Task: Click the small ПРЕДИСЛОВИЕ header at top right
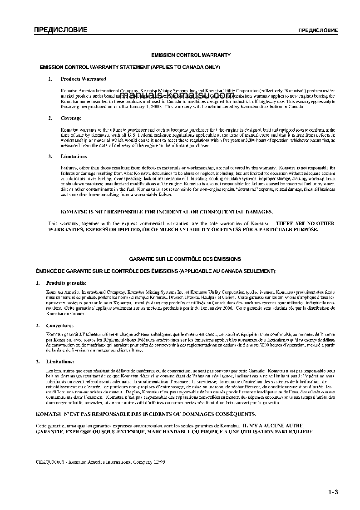pyautogui.click(x=317, y=31)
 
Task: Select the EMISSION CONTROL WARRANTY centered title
pyautogui.click(x=191, y=55)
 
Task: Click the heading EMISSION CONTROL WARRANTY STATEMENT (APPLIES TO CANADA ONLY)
pyautogui.click(x=130, y=67)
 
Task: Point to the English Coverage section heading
pyautogui.click(x=71, y=118)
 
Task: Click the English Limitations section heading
pyautogui.click(x=74, y=156)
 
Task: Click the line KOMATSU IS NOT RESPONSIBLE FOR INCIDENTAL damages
pyautogui.click(x=167, y=212)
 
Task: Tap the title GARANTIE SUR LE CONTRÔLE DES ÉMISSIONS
pyautogui.click(x=185, y=259)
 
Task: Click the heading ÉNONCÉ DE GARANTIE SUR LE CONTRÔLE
pyautogui.click(x=156, y=271)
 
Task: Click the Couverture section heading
pyautogui.click(x=60, y=325)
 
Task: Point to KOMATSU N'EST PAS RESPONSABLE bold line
pyautogui.click(x=146, y=414)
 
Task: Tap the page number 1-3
pyautogui.click(x=334, y=492)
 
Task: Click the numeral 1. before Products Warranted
pyautogui.click(x=50, y=79)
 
